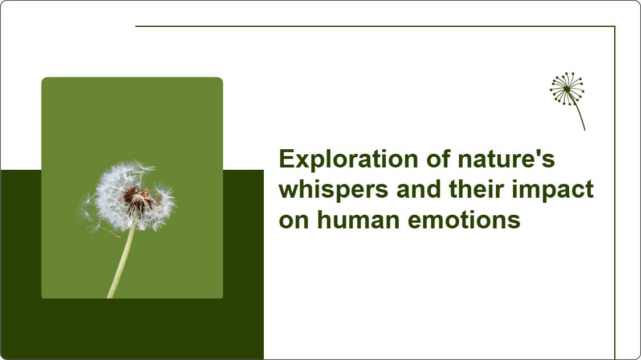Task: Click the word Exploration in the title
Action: point(348,159)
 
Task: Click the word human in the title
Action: point(358,220)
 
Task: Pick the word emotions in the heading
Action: point(464,220)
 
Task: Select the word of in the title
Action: point(438,158)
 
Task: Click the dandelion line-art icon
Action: point(567,101)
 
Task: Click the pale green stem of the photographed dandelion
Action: point(121,261)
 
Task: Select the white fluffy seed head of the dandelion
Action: point(132,196)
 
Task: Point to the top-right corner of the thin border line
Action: point(615,26)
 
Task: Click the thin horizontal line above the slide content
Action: point(375,26)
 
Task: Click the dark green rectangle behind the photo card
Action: point(132,329)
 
